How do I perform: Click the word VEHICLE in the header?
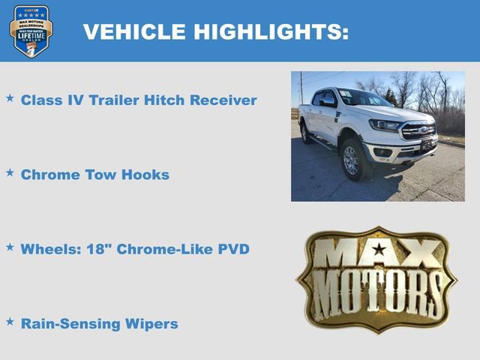pyautogui.click(x=134, y=32)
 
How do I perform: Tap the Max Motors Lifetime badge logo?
pyautogui.click(x=31, y=31)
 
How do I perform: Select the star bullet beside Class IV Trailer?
pyautogui.click(x=10, y=98)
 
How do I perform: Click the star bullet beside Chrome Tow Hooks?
pyautogui.click(x=10, y=172)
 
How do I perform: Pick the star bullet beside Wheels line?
pyautogui.click(x=10, y=246)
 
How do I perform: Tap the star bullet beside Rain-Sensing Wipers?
pyautogui.click(x=10, y=321)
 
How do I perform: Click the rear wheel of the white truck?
pyautogui.click(x=305, y=133)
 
